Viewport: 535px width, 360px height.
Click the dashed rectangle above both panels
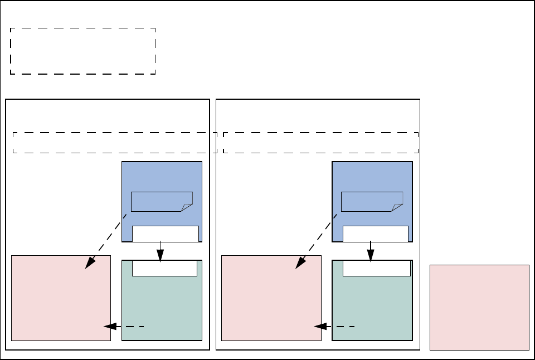click(x=82, y=51)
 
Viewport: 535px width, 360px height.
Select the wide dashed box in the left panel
click(x=114, y=143)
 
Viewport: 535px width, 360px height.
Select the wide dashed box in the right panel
click(x=320, y=143)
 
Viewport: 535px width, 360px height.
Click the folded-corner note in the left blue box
click(x=161, y=201)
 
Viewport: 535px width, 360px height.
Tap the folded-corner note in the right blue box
click(x=372, y=201)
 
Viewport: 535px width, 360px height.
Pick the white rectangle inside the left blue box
click(x=165, y=233)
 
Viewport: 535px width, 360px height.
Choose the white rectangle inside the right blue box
click(x=375, y=233)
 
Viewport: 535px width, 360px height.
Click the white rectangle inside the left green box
click(x=164, y=269)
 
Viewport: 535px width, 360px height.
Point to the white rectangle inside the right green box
click(x=376, y=269)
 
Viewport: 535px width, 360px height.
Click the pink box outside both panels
click(x=479, y=307)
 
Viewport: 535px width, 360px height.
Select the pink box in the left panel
click(x=61, y=298)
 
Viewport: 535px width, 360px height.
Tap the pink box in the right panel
click(x=271, y=298)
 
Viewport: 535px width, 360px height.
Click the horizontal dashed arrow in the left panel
click(x=124, y=326)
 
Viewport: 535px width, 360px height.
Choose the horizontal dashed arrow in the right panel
click(x=334, y=326)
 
